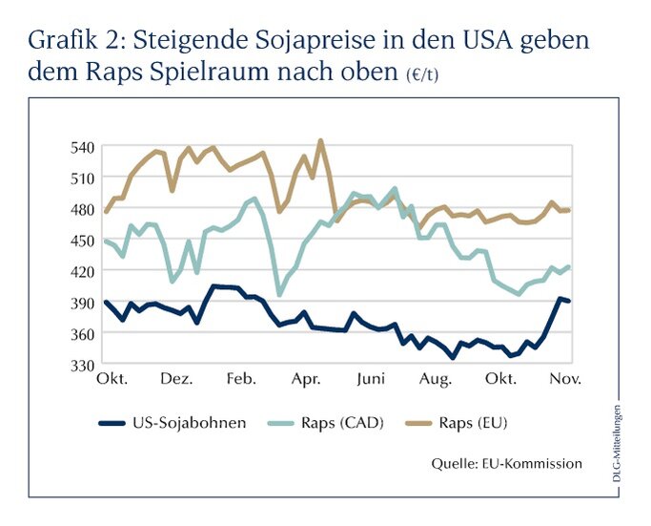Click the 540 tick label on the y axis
[x=82, y=146]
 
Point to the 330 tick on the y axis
[x=82, y=365]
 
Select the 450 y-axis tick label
[x=82, y=240]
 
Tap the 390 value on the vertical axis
[x=82, y=303]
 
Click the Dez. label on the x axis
[x=177, y=380]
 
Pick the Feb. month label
[x=242, y=380]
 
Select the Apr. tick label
[x=307, y=380]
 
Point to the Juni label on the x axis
[x=371, y=380]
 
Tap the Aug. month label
[x=436, y=380]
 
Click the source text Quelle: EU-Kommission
[x=506, y=464]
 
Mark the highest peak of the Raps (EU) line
[x=320, y=140]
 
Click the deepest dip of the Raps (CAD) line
[x=279, y=294]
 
